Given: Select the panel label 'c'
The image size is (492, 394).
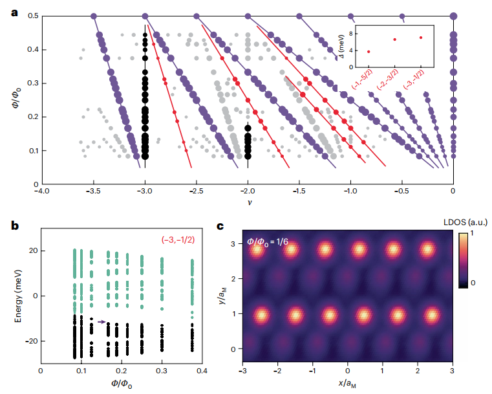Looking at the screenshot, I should point(221,226).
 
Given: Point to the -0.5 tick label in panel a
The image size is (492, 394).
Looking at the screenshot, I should point(401,191).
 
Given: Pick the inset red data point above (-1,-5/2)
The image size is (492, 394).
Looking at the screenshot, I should point(369,52).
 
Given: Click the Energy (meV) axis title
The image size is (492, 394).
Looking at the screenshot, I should point(15,296).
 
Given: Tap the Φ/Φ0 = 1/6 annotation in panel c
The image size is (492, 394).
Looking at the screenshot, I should point(271,241).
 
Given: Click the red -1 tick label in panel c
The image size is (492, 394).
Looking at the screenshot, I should point(313,372).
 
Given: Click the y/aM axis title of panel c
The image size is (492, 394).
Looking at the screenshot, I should point(223,295).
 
